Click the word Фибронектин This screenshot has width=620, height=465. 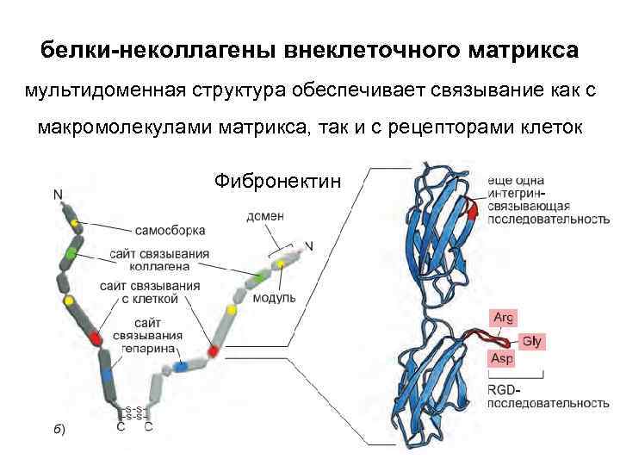(278, 182)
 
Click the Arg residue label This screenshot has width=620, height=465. (503, 318)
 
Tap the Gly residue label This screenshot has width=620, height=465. (532, 341)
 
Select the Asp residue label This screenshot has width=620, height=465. (503, 358)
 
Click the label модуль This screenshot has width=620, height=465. (275, 298)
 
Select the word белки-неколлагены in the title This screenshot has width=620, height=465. (156, 51)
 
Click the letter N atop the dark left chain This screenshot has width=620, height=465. (58, 195)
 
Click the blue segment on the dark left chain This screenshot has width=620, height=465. (107, 375)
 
